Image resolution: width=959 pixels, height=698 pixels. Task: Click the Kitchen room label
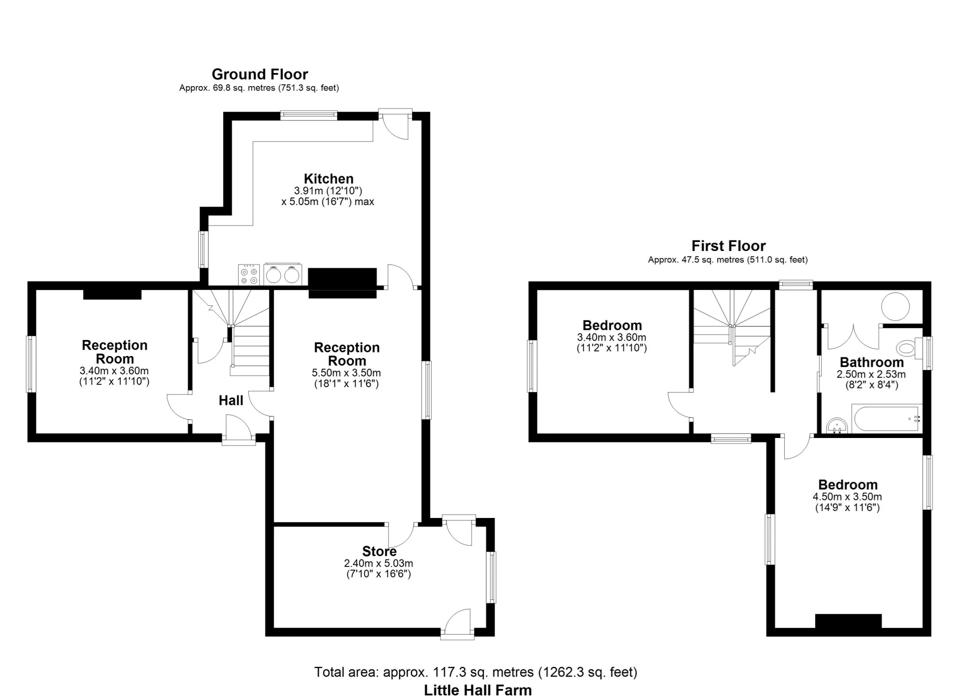(328, 178)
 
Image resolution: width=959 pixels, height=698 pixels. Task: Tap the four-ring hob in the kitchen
(249, 274)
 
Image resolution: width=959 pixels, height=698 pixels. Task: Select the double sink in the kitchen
(283, 274)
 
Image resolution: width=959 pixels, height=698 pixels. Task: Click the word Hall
(231, 400)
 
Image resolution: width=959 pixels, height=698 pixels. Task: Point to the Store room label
(379, 551)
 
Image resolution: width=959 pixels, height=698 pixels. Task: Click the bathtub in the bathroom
(887, 419)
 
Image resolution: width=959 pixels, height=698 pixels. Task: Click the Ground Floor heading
(260, 74)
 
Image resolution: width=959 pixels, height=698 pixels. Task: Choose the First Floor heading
(728, 245)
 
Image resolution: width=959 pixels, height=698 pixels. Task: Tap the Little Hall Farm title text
(478, 690)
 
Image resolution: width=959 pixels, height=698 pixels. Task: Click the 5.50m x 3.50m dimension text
(346, 372)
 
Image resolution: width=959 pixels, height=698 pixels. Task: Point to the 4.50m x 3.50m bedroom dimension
(847, 496)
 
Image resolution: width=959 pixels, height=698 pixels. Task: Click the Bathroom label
(872, 362)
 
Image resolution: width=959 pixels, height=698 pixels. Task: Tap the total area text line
(476, 672)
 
